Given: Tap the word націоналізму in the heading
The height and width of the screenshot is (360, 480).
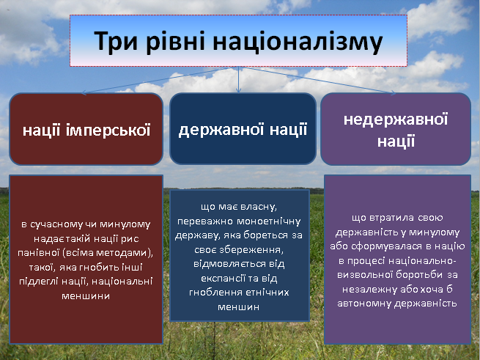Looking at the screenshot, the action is [x=298, y=42].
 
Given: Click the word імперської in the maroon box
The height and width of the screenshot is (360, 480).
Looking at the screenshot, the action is [x=108, y=130].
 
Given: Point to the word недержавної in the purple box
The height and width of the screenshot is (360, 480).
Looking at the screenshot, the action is [x=396, y=120].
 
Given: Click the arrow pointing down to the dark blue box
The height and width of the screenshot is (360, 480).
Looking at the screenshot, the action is [x=238, y=80].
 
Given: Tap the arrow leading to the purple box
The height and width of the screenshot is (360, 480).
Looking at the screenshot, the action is [x=317, y=80].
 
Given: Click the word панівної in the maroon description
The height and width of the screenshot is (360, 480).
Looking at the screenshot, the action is [x=38, y=253].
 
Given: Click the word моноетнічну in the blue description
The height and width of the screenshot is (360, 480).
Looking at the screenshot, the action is [x=268, y=221].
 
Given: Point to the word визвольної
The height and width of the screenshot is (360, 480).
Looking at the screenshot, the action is [x=365, y=274].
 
